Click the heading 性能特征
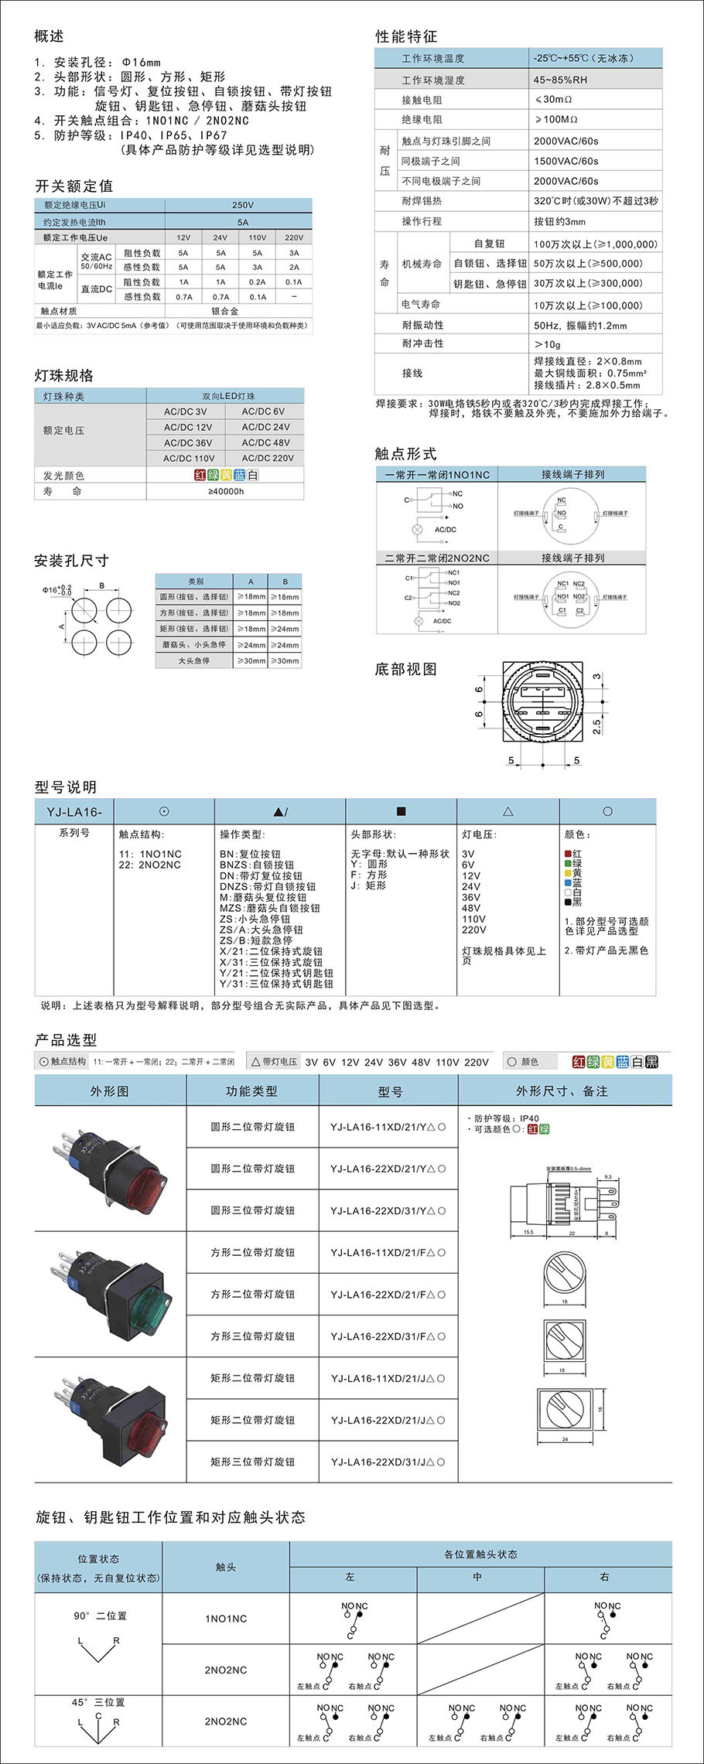[x=406, y=36]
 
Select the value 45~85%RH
[x=560, y=80]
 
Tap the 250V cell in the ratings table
[x=242, y=205]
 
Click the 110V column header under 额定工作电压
[x=258, y=237]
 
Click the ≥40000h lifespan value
[x=226, y=491]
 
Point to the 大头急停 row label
[x=193, y=660]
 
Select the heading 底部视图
[x=405, y=669]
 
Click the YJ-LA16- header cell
[x=74, y=811]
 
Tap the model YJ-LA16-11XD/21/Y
[x=388, y=1127]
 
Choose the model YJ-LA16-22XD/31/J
[x=388, y=1462]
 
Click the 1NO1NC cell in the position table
[x=226, y=1619]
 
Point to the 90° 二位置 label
[x=100, y=1616]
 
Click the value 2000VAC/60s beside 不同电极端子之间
[x=566, y=181]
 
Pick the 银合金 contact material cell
[x=224, y=311]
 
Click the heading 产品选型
[x=66, y=1039]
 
